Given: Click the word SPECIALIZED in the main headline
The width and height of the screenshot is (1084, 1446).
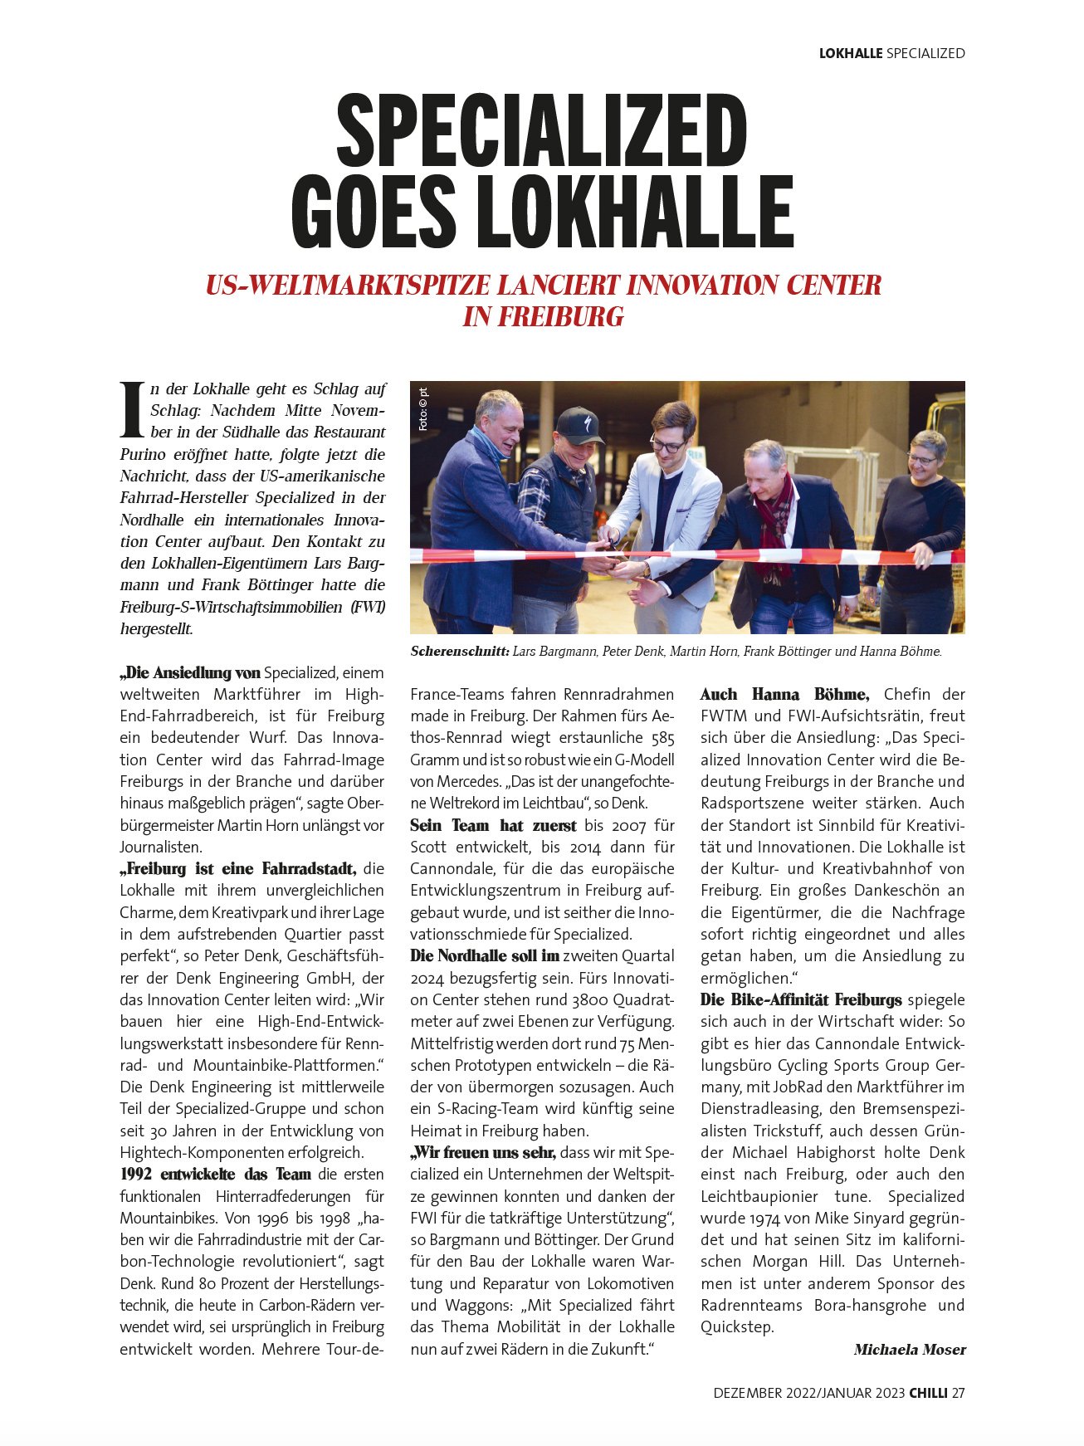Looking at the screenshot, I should tap(541, 131).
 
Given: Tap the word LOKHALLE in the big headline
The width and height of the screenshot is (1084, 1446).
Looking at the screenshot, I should tap(635, 213).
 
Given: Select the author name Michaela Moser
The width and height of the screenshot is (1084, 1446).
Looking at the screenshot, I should tap(910, 1350).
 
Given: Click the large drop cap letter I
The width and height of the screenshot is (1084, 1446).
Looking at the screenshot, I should tap(132, 409).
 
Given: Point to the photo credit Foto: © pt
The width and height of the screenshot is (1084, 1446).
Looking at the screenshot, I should tap(422, 408).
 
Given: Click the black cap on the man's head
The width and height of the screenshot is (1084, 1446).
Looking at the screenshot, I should tap(579, 424).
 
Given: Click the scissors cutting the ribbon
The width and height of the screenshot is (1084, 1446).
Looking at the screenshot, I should tap(613, 548).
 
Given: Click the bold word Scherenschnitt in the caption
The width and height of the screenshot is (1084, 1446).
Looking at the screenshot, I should tap(459, 652).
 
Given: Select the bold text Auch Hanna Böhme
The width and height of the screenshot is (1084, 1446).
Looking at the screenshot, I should tap(784, 694).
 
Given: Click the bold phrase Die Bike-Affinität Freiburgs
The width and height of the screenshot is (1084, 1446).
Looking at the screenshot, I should tap(801, 999).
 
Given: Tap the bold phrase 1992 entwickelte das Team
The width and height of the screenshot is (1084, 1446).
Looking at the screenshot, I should tap(215, 1174).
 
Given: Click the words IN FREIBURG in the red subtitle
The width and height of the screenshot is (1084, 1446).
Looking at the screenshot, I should tap(543, 317).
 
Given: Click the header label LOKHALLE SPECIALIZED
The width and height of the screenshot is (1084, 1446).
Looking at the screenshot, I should tap(891, 53).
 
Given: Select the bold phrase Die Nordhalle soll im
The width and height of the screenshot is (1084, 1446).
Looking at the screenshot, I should tap(485, 955).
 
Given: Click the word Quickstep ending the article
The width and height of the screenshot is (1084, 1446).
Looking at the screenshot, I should tap(736, 1326).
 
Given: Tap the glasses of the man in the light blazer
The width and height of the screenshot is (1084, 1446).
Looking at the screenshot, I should tap(667, 446).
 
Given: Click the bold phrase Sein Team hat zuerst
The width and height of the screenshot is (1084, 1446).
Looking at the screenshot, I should tap(493, 825).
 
